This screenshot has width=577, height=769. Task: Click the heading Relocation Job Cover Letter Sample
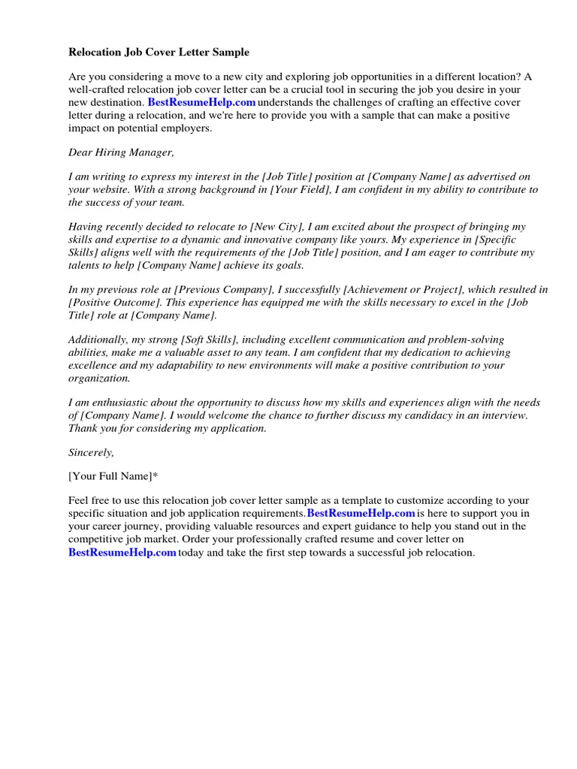159,53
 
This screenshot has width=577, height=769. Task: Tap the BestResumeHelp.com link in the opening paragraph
201,102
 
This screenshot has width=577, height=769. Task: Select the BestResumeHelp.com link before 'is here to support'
361,514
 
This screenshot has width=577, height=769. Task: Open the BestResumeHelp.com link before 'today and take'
122,553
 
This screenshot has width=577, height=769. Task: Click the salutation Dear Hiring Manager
121,152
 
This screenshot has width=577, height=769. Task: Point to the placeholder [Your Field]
300,190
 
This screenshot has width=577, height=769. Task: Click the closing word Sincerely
91,453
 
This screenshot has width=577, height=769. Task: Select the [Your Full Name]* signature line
113,476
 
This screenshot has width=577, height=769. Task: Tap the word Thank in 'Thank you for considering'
83,428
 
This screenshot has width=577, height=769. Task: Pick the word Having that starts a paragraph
86,227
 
